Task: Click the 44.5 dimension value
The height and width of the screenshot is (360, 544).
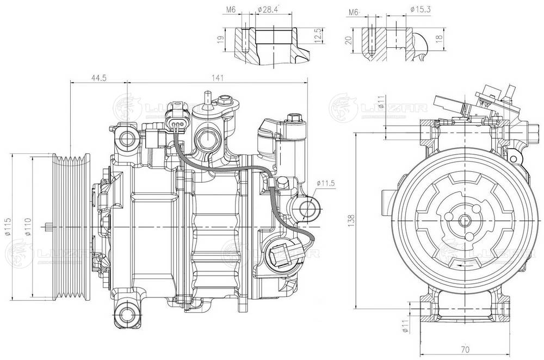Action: coord(98,78)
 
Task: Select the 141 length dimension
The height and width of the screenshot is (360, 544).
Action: coord(217,78)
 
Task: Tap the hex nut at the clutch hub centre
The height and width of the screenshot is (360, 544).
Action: coord(464,220)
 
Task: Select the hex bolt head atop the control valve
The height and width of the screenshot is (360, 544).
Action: coord(295,117)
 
